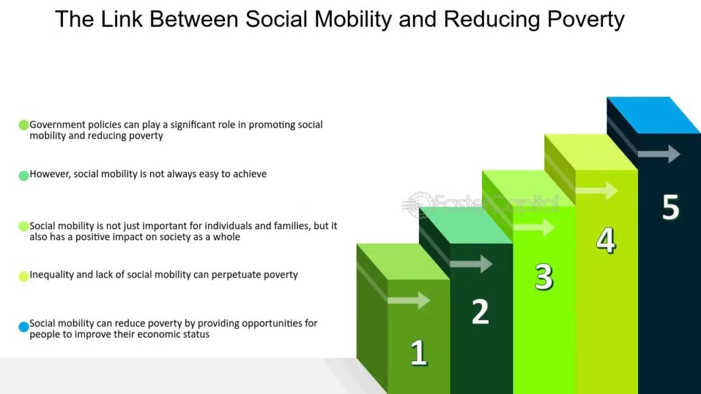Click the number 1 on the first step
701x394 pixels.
click(x=419, y=352)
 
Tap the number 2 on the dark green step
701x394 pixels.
click(x=481, y=311)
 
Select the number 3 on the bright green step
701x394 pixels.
click(x=544, y=277)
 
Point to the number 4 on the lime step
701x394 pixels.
click(x=607, y=240)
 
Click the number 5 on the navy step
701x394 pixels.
click(x=671, y=207)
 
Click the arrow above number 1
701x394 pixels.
click(x=409, y=300)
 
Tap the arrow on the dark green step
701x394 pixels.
click(x=471, y=263)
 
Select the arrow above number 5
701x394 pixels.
click(x=659, y=154)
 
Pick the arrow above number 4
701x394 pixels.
click(x=596, y=190)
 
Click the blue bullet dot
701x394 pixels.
click(x=24, y=327)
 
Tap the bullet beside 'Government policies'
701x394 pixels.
click(x=24, y=125)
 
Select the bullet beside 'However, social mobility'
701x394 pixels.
click(x=24, y=176)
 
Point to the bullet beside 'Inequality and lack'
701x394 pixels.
click(x=24, y=276)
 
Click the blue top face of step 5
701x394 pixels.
click(x=654, y=115)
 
